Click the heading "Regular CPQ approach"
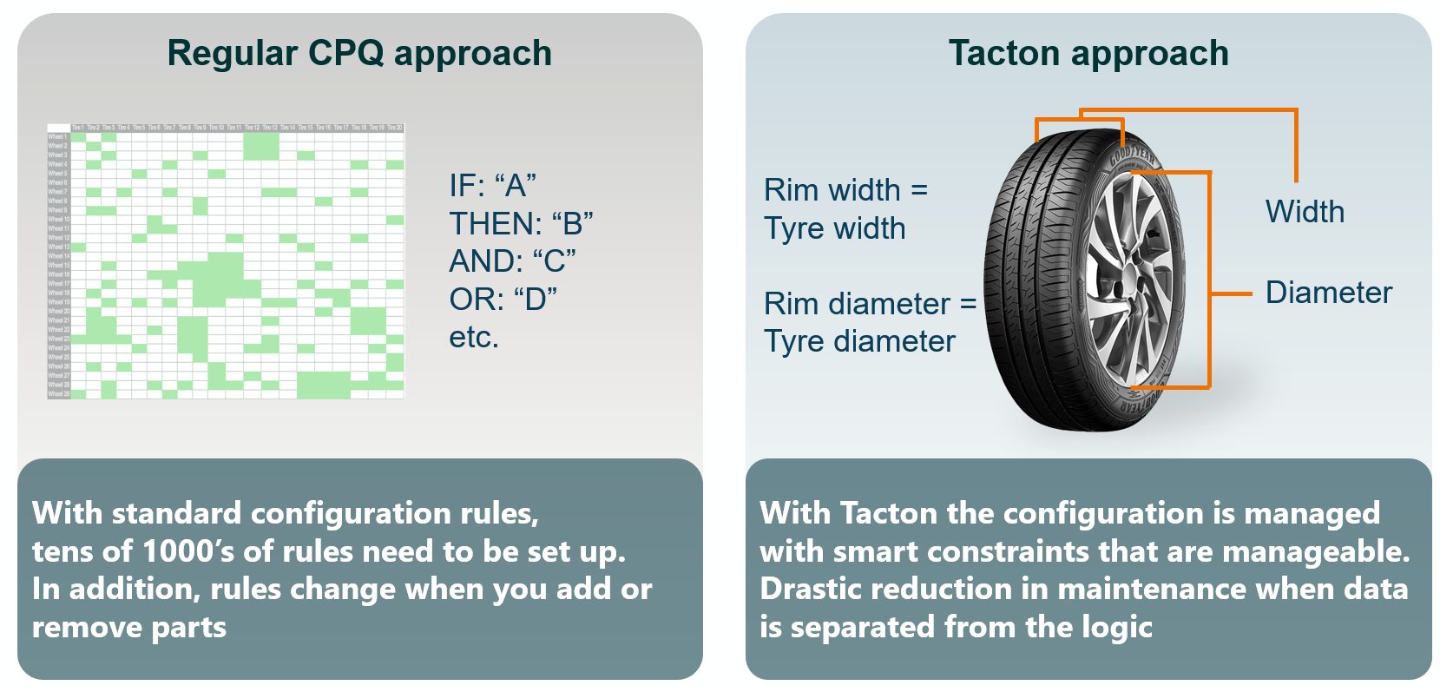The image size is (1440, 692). [x=358, y=54]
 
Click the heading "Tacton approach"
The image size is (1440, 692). [x=1088, y=54]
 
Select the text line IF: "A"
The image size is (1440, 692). [x=492, y=186]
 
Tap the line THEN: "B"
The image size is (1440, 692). [x=521, y=224]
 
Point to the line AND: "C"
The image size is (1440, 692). [x=512, y=261]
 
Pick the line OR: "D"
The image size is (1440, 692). [x=503, y=300]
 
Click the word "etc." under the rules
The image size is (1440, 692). [x=474, y=338]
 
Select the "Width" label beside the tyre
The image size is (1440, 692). [x=1305, y=212]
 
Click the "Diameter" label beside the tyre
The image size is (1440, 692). [x=1328, y=293]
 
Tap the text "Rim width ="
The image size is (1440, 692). [x=845, y=190]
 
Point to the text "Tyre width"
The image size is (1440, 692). [x=834, y=228]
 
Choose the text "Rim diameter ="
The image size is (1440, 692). [x=870, y=304]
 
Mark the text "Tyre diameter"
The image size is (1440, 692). [x=859, y=342]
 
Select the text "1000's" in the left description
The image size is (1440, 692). [x=187, y=551]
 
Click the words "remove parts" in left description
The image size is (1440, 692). [x=129, y=627]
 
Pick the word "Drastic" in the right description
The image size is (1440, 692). [x=813, y=589]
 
